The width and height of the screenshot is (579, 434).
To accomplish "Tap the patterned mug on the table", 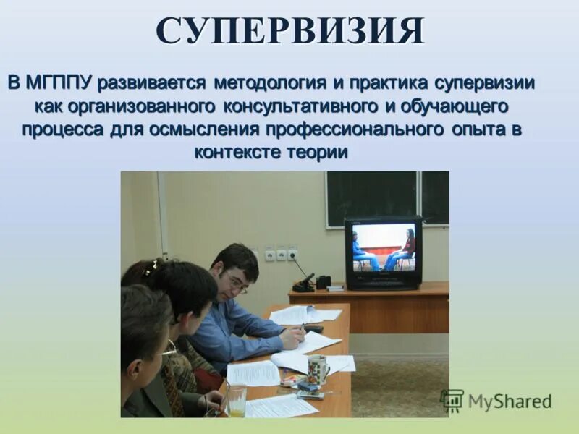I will pyautogui.click(x=317, y=370).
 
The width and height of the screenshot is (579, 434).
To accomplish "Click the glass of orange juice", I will pyautogui.click(x=237, y=400).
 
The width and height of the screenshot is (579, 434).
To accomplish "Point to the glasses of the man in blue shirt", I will pyautogui.click(x=236, y=284).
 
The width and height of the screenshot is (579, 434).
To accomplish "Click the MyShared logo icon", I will pyautogui.click(x=452, y=401).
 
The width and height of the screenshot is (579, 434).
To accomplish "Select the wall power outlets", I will pyautogui.click(x=281, y=254).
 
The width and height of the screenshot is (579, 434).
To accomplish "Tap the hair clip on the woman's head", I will pyautogui.click(x=150, y=268).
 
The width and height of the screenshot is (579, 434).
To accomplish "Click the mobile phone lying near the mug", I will pyautogui.click(x=309, y=395).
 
